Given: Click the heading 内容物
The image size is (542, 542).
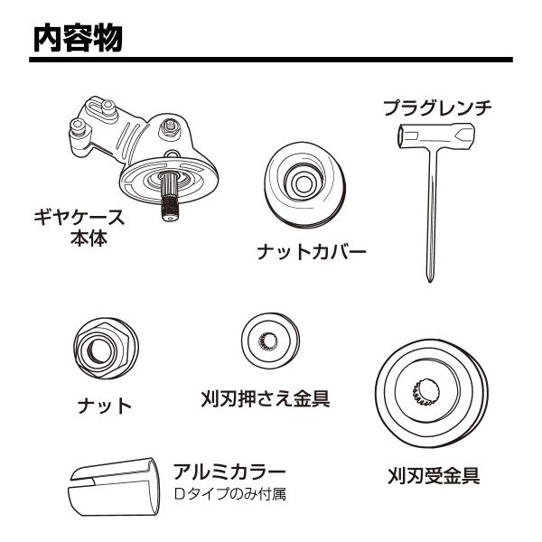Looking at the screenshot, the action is click(x=78, y=38).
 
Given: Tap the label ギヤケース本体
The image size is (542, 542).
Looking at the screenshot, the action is click(x=79, y=228).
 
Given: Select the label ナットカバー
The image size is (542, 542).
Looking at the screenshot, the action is click(x=312, y=252).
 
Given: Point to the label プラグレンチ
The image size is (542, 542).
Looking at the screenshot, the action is click(x=437, y=107).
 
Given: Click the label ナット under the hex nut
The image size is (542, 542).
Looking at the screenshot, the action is click(x=105, y=406).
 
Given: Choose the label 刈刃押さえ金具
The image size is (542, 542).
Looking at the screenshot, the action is click(x=266, y=398).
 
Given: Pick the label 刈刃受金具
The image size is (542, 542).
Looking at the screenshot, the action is click(x=435, y=476).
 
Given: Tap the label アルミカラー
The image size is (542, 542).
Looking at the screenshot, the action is click(x=229, y=472).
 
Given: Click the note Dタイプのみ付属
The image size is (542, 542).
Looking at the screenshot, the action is click(x=229, y=494).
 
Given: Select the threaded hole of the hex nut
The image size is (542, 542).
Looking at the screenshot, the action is click(x=100, y=350).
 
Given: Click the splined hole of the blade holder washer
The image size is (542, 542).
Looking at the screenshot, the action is click(x=269, y=341).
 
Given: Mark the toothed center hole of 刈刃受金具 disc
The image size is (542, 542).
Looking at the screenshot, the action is click(x=427, y=392).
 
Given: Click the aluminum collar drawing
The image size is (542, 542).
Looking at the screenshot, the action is click(x=114, y=488).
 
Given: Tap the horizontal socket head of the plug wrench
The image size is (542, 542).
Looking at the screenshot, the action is click(x=436, y=135).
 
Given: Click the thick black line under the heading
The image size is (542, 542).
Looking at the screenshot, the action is click(x=271, y=60).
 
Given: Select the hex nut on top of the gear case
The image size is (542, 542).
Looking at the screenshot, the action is click(x=169, y=127).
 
